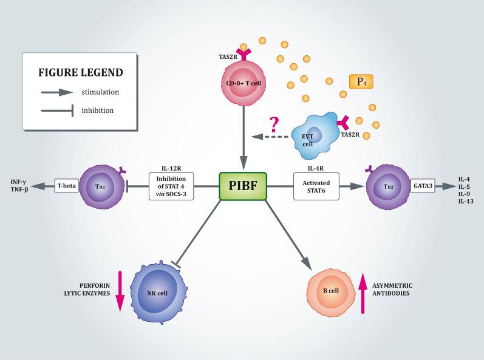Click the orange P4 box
point(361,82)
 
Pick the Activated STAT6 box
point(316,186)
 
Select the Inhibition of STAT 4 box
point(171,186)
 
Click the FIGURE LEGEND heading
point(81,72)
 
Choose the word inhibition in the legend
point(97,110)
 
